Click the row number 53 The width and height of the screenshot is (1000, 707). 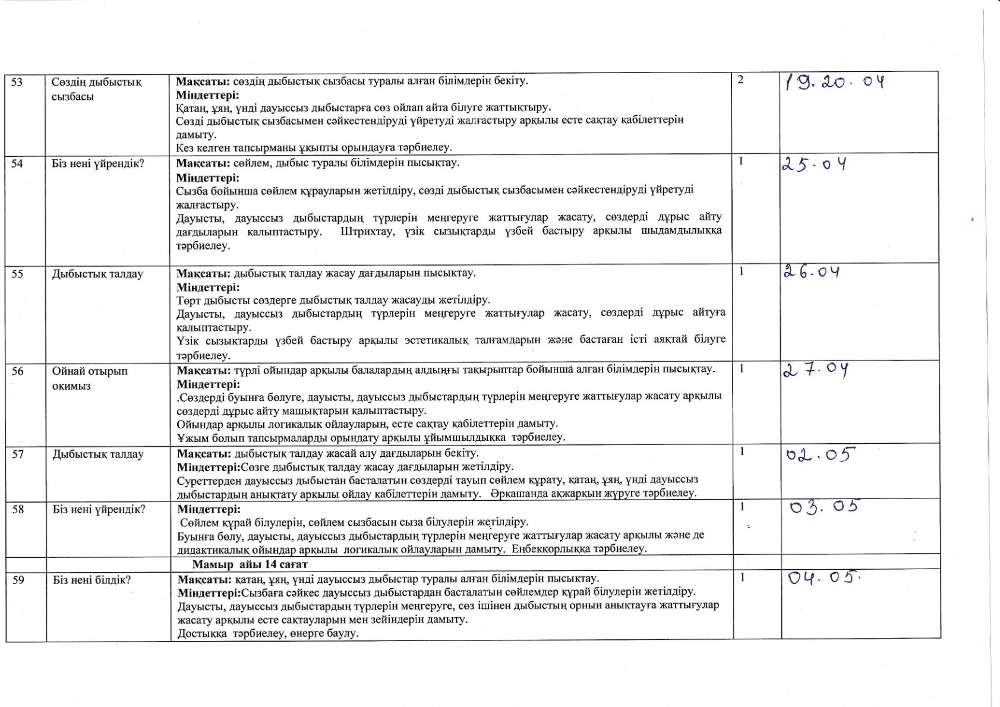click(17, 82)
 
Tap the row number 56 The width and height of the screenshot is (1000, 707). click(18, 371)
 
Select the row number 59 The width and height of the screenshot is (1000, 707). click(18, 580)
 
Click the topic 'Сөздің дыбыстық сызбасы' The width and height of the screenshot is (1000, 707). click(96, 89)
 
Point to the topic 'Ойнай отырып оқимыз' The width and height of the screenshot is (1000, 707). click(90, 378)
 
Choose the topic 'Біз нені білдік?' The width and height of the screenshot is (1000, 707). click(92, 580)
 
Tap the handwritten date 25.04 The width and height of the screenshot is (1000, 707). click(813, 165)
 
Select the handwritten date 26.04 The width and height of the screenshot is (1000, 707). click(811, 272)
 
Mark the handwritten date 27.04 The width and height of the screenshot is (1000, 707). click(815, 370)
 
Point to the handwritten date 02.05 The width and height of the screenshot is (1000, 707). click(819, 456)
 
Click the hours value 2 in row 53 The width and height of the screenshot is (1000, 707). click(740, 80)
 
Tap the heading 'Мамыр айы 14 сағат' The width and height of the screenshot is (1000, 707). click(250, 564)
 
